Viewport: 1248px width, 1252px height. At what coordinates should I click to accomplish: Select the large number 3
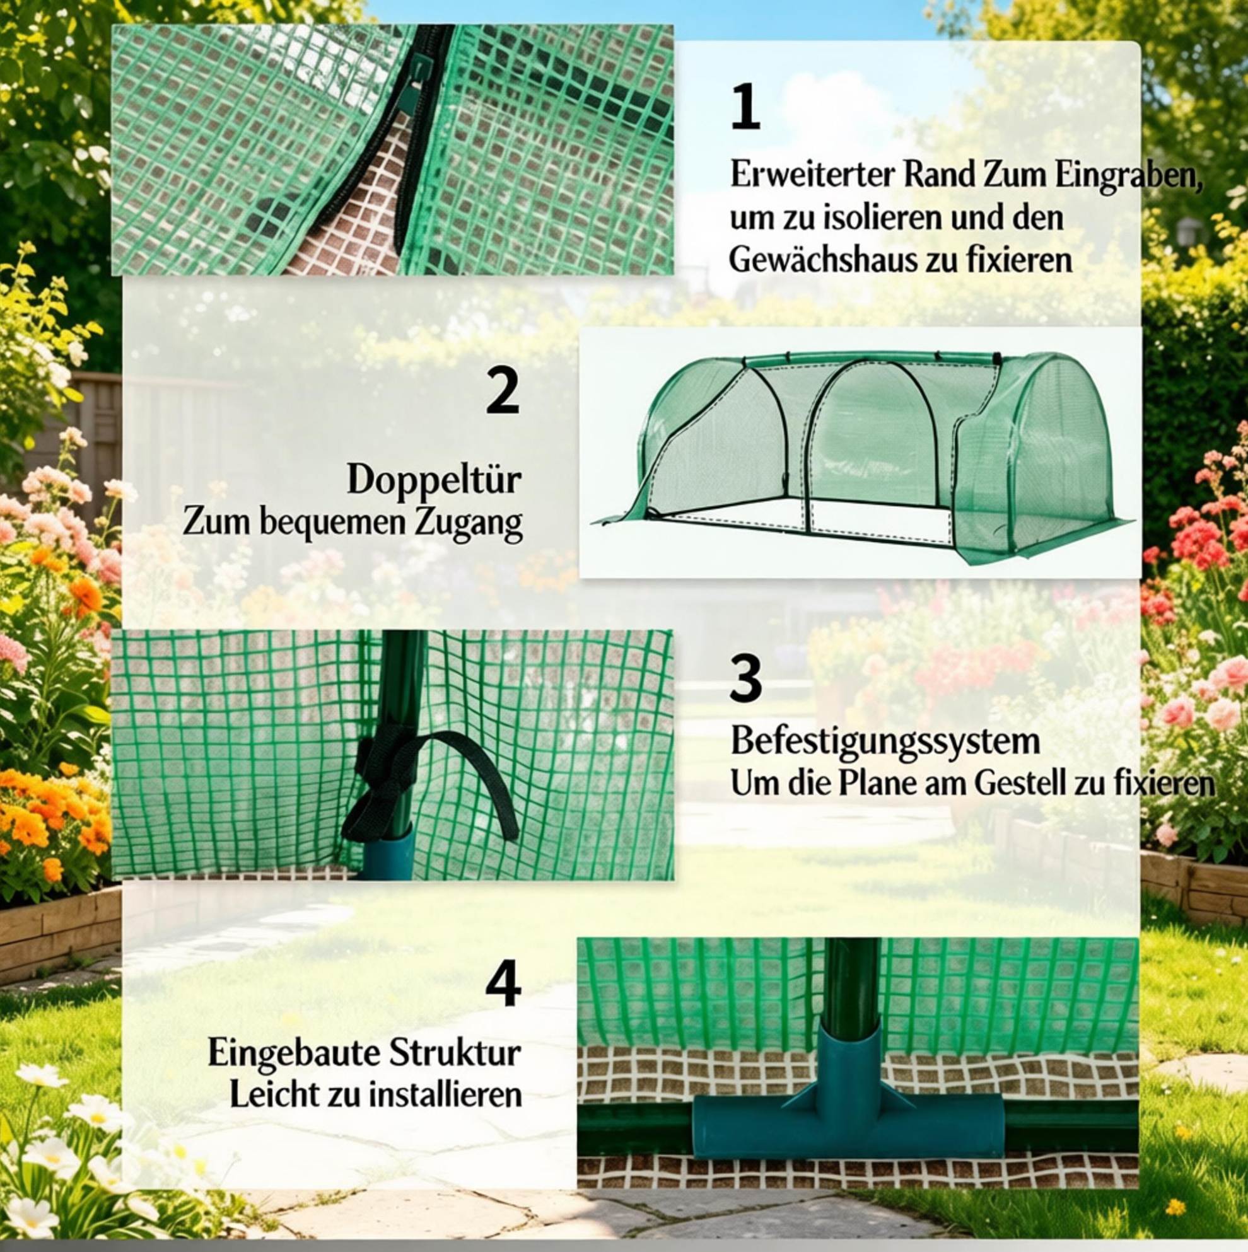(x=745, y=678)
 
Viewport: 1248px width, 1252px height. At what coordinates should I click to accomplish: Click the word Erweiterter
(x=812, y=176)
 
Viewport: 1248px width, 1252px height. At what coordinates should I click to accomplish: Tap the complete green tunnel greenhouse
(x=865, y=455)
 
